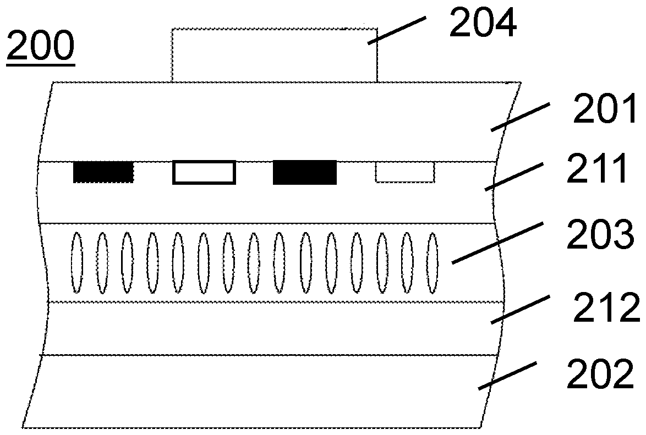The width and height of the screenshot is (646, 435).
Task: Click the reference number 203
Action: [x=600, y=234]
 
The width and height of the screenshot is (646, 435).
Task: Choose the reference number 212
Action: [x=606, y=307]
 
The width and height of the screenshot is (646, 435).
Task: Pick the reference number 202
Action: [x=600, y=373]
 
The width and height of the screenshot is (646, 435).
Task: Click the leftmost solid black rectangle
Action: [x=103, y=172]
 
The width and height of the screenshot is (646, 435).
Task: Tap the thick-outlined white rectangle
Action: [x=204, y=173]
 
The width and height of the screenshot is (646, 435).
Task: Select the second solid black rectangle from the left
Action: [x=305, y=172]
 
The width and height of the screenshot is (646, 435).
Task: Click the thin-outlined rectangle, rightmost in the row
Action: [x=404, y=172]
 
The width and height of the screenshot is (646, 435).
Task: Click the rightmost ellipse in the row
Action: [x=432, y=263]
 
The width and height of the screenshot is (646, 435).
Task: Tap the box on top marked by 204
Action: [x=275, y=55]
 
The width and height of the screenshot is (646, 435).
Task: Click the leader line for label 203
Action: [x=497, y=243]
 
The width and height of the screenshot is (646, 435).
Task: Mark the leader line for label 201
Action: [x=520, y=117]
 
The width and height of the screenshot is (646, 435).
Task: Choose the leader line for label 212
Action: [x=521, y=309]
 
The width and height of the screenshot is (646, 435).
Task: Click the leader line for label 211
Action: [x=513, y=177]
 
